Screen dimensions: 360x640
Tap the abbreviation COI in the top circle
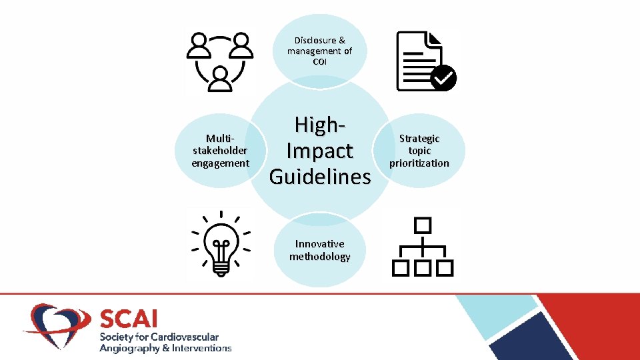click(x=319, y=62)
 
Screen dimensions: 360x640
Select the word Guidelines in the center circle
click(x=320, y=177)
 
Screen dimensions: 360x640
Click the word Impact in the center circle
click(x=320, y=151)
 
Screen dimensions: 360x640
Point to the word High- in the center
click(x=320, y=125)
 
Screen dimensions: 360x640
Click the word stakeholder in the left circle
click(x=220, y=151)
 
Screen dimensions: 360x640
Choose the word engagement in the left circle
click(x=220, y=163)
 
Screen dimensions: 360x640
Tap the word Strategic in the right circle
click(x=419, y=139)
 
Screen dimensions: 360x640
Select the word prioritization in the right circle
click(x=419, y=163)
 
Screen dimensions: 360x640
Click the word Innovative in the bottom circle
click(x=320, y=244)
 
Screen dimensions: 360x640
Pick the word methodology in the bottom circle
click(x=320, y=257)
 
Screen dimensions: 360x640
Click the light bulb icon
click(x=221, y=243)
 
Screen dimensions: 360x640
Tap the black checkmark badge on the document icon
click(x=443, y=78)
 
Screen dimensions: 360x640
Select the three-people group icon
click(x=219, y=61)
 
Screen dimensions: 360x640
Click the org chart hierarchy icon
click(x=423, y=246)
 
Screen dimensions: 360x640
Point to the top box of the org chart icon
click(x=423, y=225)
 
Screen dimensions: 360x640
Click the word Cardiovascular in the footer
click(x=186, y=337)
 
